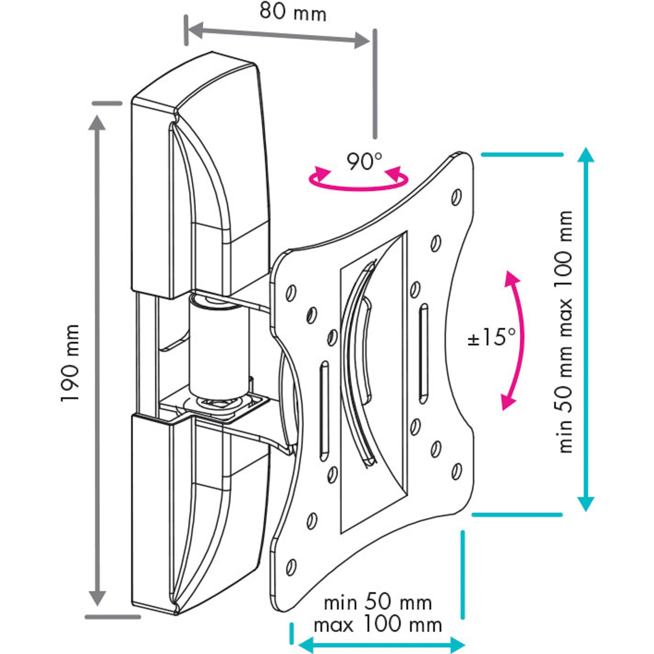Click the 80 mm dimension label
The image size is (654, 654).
[293, 12]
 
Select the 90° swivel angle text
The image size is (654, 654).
[364, 162]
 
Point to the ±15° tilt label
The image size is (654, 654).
[491, 337]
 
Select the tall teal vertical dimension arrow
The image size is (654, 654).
[586, 332]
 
